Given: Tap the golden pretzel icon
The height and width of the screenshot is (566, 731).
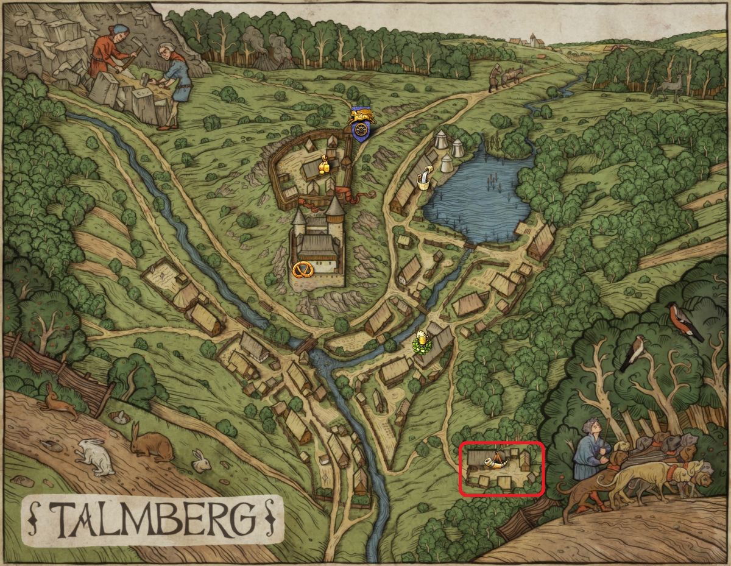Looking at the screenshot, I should coord(301,270).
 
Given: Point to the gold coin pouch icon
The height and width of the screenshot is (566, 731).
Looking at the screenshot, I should coord(325,164).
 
